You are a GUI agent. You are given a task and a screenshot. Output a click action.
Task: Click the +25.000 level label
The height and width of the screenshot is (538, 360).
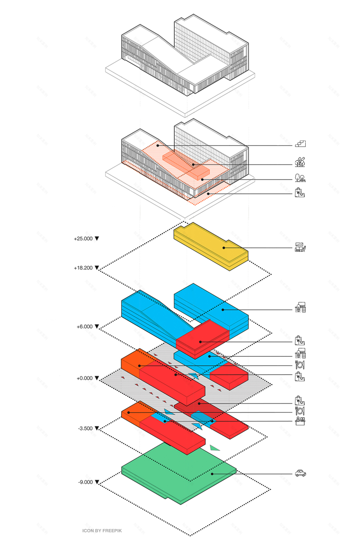(83, 238)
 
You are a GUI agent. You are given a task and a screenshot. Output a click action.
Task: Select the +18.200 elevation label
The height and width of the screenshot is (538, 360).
(83, 268)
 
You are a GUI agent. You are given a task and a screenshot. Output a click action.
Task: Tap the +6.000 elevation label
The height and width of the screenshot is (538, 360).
(85, 326)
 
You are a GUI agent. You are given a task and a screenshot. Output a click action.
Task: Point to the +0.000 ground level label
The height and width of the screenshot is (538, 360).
(85, 378)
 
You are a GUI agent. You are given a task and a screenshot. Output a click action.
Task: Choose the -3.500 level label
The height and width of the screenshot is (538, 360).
(85, 428)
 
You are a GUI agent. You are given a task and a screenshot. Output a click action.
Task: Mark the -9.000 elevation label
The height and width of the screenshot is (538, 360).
(85, 482)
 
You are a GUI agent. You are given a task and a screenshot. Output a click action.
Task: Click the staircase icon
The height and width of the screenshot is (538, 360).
(300, 144)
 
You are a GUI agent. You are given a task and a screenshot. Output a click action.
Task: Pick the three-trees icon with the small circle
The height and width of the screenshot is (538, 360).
(300, 162)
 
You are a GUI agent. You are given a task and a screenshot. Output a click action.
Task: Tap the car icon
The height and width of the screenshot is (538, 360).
(301, 473)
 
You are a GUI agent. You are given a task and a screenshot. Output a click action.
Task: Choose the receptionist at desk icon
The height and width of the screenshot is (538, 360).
(300, 421)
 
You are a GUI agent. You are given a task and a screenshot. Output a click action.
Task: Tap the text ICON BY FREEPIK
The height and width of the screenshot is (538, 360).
(102, 531)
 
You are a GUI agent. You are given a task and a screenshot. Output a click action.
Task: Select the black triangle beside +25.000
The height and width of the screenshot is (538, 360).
(97, 238)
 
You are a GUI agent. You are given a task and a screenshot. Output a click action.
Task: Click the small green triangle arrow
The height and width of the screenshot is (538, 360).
(214, 448)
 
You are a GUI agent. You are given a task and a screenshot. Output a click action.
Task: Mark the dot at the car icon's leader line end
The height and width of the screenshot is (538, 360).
(212, 474)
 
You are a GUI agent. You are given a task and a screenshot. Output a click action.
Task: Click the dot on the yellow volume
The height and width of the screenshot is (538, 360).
(224, 248)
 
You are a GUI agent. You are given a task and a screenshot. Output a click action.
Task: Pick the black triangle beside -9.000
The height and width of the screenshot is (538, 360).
(97, 482)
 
